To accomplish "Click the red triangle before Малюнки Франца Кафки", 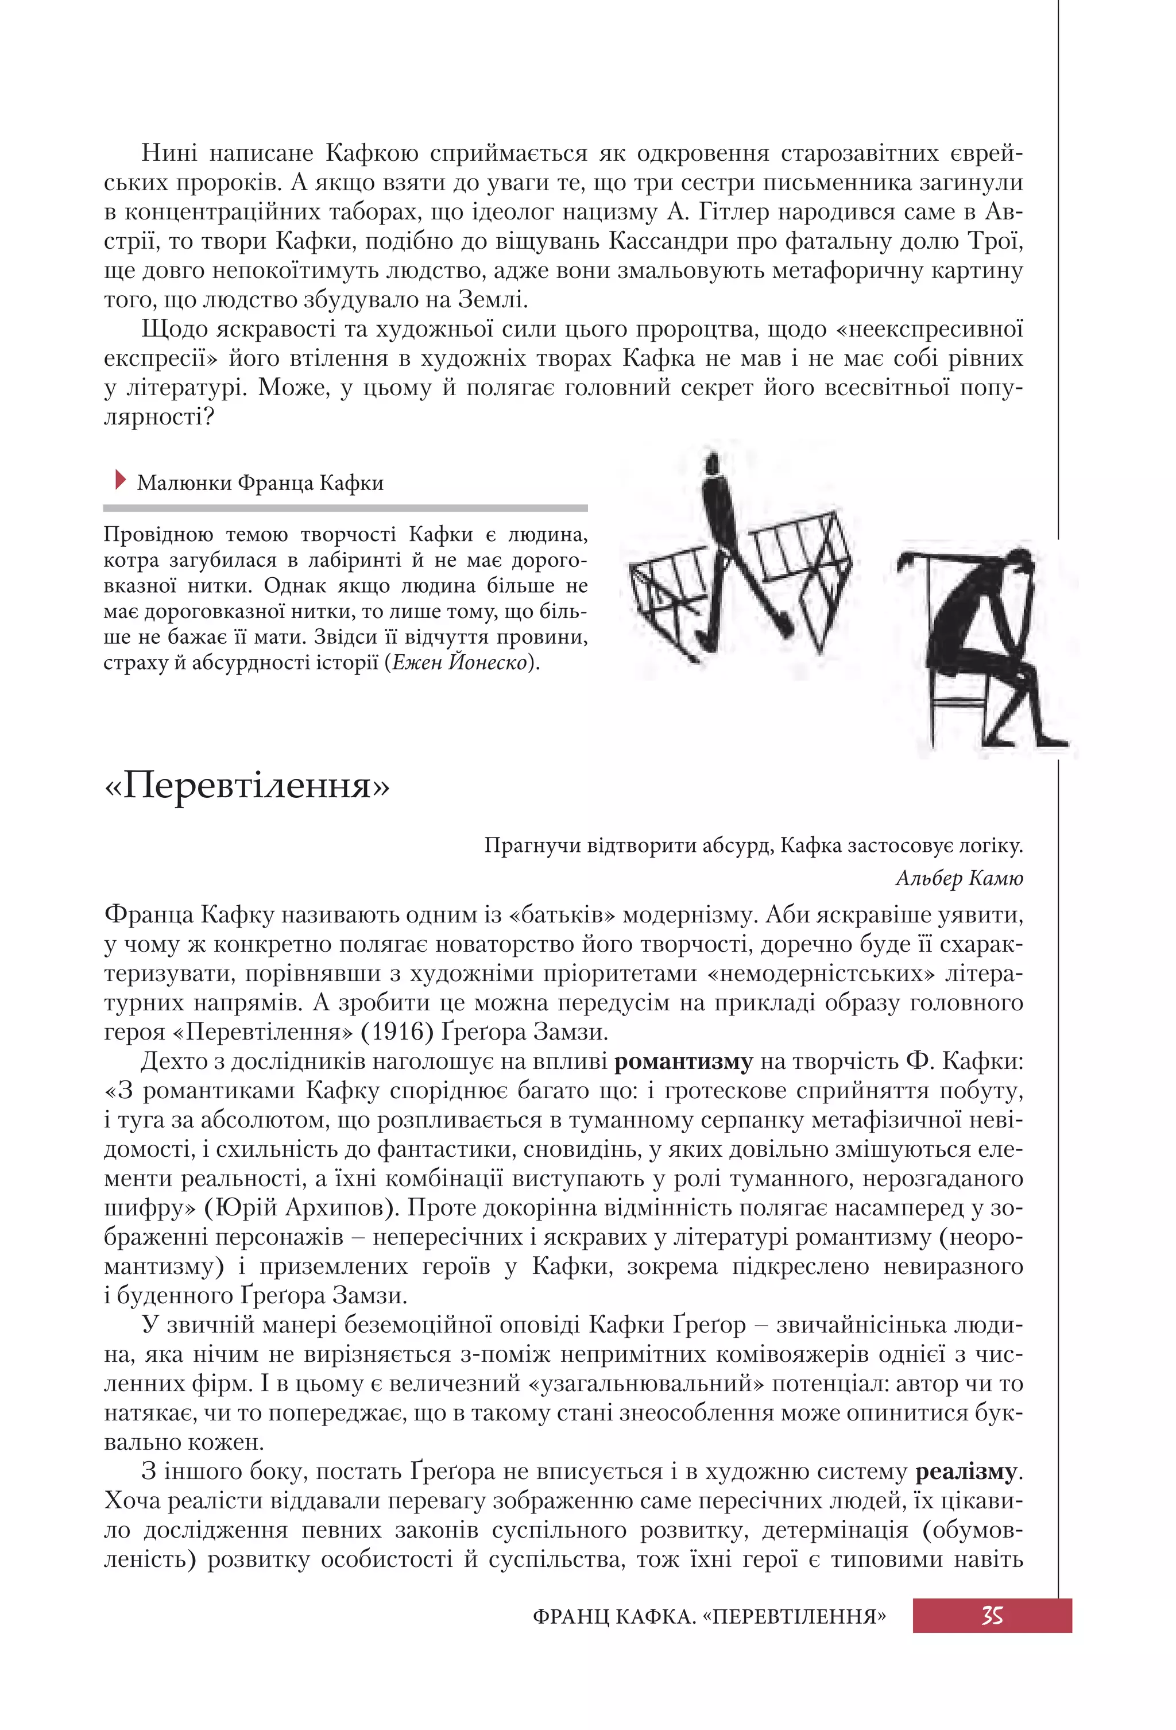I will coord(121,480).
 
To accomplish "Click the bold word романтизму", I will coord(683,1061).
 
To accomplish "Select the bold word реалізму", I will coord(965,1472).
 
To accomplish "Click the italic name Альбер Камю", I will coord(959,878).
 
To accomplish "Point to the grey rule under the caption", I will coord(345,508).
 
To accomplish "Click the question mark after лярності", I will coord(208,417).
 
